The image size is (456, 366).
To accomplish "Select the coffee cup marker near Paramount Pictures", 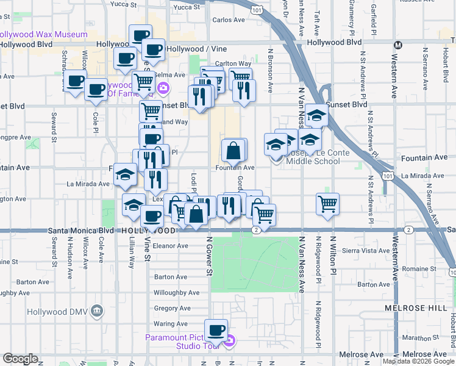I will pos(215,331).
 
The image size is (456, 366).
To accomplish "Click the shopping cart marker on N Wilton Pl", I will pos(327,204).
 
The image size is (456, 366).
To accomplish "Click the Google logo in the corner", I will pos(20,359).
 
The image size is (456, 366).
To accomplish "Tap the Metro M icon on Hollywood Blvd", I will pos(398,45).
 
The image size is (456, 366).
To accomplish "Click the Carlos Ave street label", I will pos(229,20).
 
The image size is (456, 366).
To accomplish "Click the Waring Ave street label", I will pos(171,323).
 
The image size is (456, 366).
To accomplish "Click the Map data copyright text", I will pos(418,361).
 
